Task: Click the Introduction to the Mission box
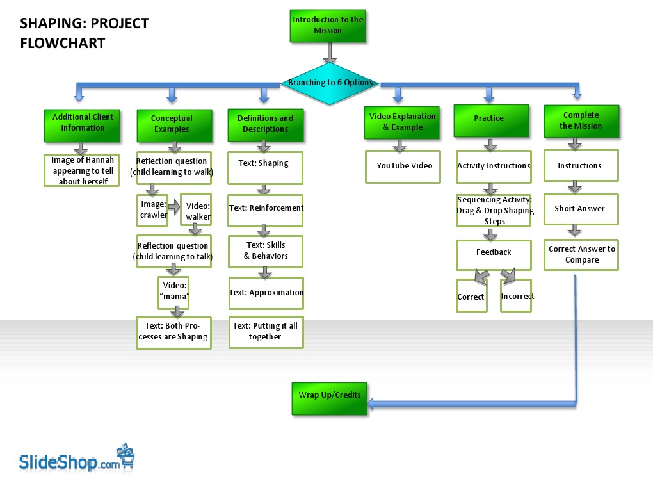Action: coord(328,26)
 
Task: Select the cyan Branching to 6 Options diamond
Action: coord(330,83)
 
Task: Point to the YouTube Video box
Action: coord(404,167)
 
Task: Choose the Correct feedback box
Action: coord(471,296)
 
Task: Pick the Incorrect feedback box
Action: coord(516,296)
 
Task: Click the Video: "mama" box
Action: coord(174,291)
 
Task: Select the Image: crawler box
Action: coord(152,210)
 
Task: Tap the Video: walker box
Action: coord(197,210)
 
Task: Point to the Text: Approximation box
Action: coord(266,293)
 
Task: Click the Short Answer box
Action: coord(581,209)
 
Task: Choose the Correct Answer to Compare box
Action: coord(581,254)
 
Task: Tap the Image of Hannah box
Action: coord(82,170)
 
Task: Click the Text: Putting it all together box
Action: coord(266,332)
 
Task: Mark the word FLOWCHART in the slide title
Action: coord(63,44)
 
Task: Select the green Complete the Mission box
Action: coord(581,121)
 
